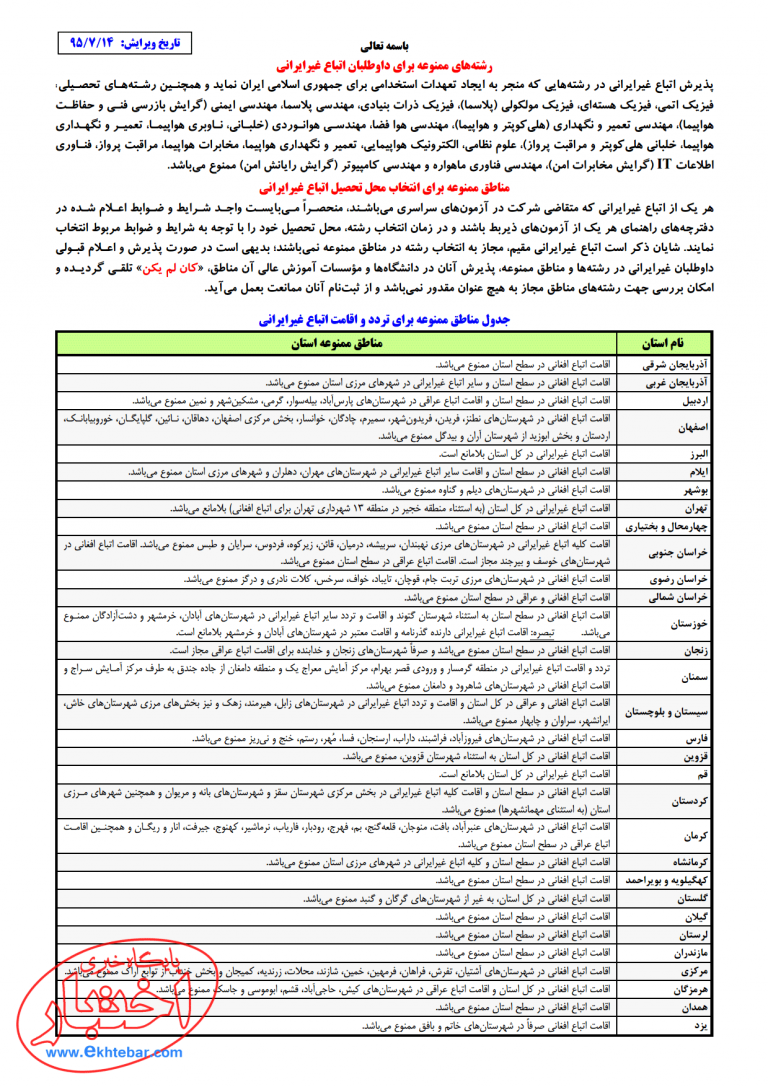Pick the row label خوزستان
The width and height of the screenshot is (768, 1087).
click(685, 623)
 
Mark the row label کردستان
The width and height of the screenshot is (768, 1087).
click(687, 801)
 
